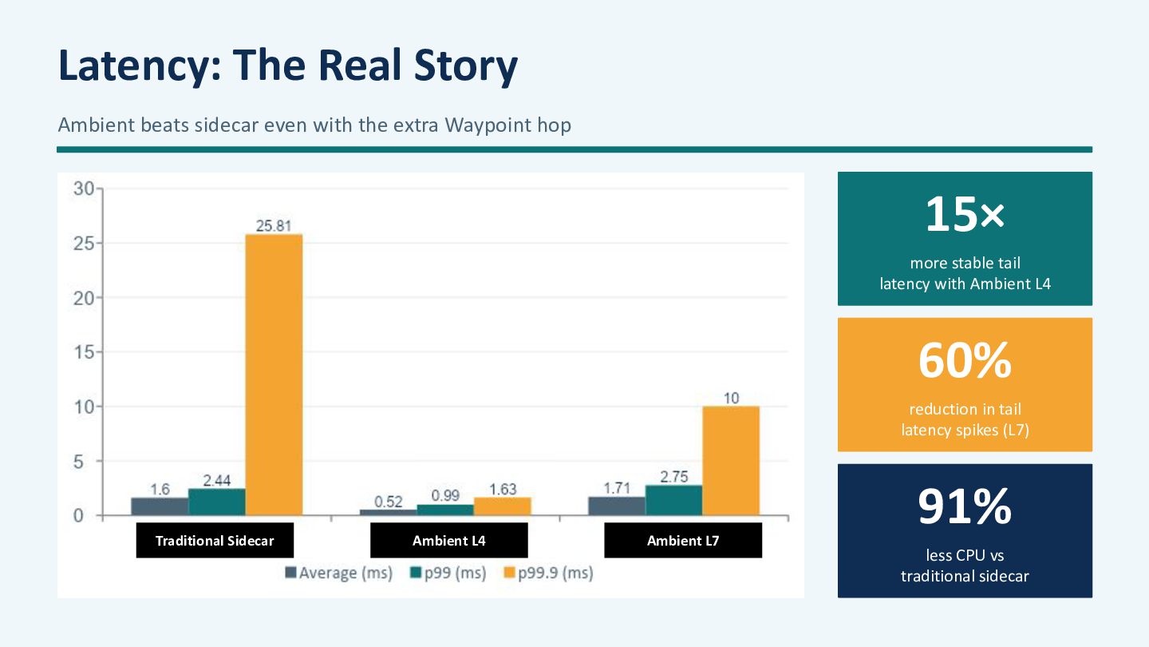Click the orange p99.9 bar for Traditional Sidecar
tap(274, 375)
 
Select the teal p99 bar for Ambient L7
tap(673, 500)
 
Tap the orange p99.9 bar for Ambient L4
tap(502, 506)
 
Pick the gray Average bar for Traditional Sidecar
tap(160, 506)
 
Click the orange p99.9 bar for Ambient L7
tap(731, 461)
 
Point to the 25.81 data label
tap(274, 226)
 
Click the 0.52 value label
tap(389, 502)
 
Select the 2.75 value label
tap(674, 477)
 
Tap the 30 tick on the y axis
tap(84, 189)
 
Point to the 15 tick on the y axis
tap(84, 352)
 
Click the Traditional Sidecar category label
tap(215, 540)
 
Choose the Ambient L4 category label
tap(448, 540)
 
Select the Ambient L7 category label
tap(683, 540)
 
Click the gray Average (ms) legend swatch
tap(290, 573)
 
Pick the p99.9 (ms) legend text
tap(555, 573)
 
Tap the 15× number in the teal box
tap(965, 214)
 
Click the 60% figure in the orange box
tap(965, 360)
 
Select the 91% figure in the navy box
tap(965, 506)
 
